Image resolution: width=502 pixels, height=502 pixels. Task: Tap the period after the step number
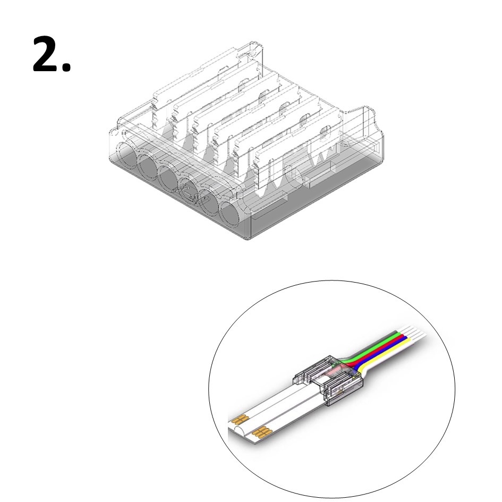tap(66, 67)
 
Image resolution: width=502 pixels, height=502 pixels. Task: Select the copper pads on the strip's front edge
tap(262, 432)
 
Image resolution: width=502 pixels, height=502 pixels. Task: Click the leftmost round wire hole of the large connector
tap(126, 154)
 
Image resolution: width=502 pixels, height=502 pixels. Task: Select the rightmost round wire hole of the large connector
tap(230, 215)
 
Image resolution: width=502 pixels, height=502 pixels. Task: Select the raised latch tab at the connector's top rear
tap(253, 53)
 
